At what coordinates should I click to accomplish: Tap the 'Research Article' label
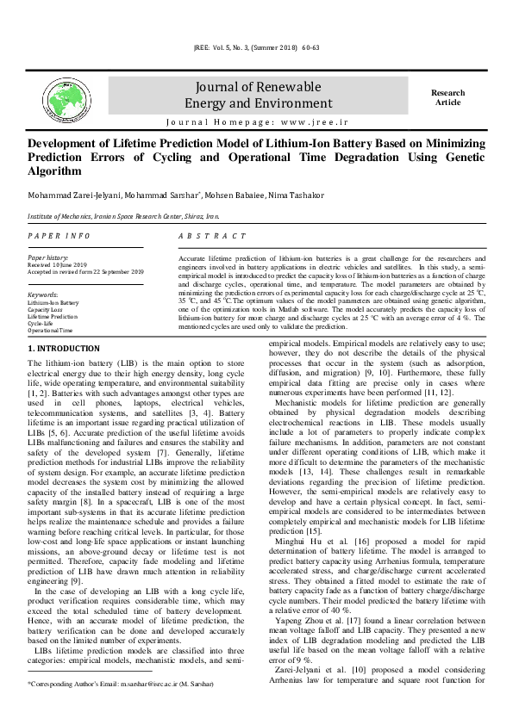(x=447, y=97)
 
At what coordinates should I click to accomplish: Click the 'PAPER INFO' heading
(x=59, y=236)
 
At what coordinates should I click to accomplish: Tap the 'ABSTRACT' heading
(x=212, y=236)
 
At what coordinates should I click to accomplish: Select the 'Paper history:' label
(x=48, y=257)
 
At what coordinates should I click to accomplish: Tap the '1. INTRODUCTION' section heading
(x=64, y=349)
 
